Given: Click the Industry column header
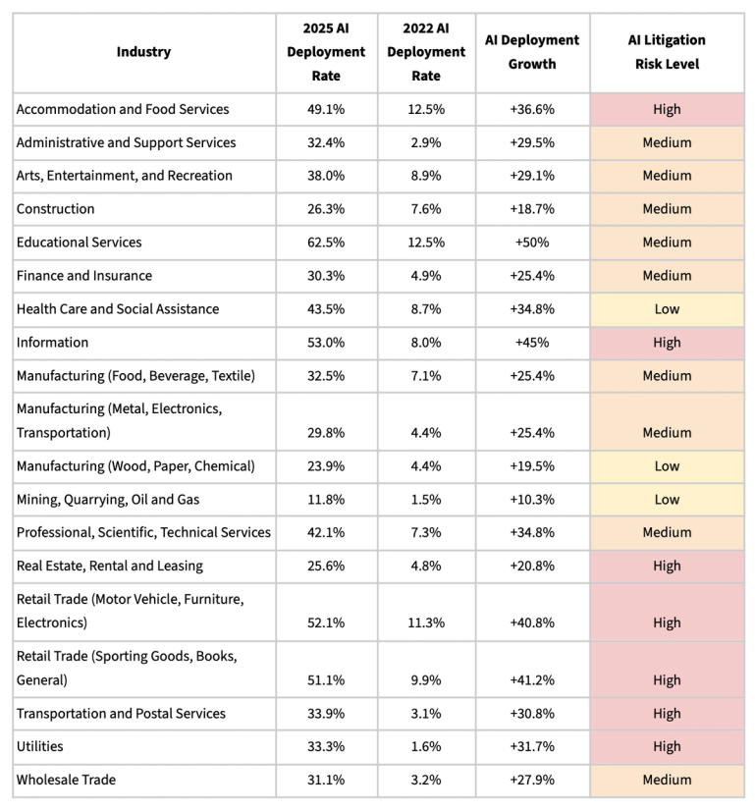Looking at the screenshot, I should (x=143, y=52).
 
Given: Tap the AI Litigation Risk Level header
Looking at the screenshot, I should (x=667, y=52).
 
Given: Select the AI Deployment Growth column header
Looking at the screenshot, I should (x=532, y=52).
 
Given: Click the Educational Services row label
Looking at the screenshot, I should (x=80, y=243).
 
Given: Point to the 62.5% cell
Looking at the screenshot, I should (x=326, y=243).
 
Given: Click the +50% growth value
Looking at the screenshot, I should (x=532, y=243).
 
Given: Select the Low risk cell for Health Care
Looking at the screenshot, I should (x=667, y=309).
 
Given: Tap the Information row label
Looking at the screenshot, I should (x=53, y=343).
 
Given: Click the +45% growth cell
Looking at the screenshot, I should (x=532, y=343).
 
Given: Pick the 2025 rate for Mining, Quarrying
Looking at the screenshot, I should (x=326, y=500).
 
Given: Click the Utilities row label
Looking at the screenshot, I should (x=40, y=747).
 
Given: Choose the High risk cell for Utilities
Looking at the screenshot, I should (x=667, y=747).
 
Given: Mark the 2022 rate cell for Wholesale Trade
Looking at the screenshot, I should (x=426, y=781).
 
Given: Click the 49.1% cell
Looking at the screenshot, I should (x=326, y=109).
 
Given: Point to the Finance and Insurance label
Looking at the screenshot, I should (x=84, y=276).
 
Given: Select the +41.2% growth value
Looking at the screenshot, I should (x=532, y=680).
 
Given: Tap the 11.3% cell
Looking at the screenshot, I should (x=426, y=622).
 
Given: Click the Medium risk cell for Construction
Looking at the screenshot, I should (x=667, y=209).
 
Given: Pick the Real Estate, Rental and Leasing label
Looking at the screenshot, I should (x=110, y=566).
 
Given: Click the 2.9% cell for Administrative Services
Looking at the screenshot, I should (x=426, y=142).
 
